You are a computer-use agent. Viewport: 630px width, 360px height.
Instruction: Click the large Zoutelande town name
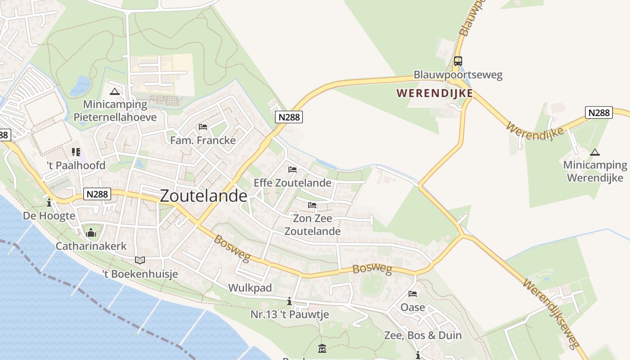click(203, 196)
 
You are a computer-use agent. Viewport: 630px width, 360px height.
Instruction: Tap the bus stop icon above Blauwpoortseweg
click(458, 61)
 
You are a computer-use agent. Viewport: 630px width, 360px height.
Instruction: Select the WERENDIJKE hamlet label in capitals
click(434, 93)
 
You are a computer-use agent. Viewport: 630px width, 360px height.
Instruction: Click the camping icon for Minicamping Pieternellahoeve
click(115, 92)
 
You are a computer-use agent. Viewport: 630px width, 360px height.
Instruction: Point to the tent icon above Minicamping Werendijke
click(595, 152)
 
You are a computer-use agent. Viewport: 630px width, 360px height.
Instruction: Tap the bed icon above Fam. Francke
click(203, 127)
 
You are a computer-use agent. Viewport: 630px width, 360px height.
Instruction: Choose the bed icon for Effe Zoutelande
click(292, 170)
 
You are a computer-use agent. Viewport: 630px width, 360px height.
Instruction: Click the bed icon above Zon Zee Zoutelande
click(312, 205)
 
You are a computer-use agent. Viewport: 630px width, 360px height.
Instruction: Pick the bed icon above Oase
click(413, 294)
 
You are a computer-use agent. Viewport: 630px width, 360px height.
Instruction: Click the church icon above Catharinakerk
click(91, 233)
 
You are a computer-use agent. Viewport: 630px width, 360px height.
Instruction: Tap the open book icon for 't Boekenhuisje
click(140, 260)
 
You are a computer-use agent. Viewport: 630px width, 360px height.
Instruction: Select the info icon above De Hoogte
click(49, 202)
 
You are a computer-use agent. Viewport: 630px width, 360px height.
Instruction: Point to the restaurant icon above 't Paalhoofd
click(76, 152)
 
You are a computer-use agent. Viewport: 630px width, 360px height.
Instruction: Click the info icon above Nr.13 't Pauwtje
click(289, 301)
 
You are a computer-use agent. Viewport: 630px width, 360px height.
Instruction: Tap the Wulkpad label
click(250, 288)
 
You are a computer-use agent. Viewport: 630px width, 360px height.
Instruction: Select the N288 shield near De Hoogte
click(97, 194)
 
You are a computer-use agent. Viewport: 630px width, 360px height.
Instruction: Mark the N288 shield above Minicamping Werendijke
click(599, 112)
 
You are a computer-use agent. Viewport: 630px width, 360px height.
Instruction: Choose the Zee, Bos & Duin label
click(423, 335)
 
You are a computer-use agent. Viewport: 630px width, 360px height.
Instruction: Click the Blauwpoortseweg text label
click(458, 75)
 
